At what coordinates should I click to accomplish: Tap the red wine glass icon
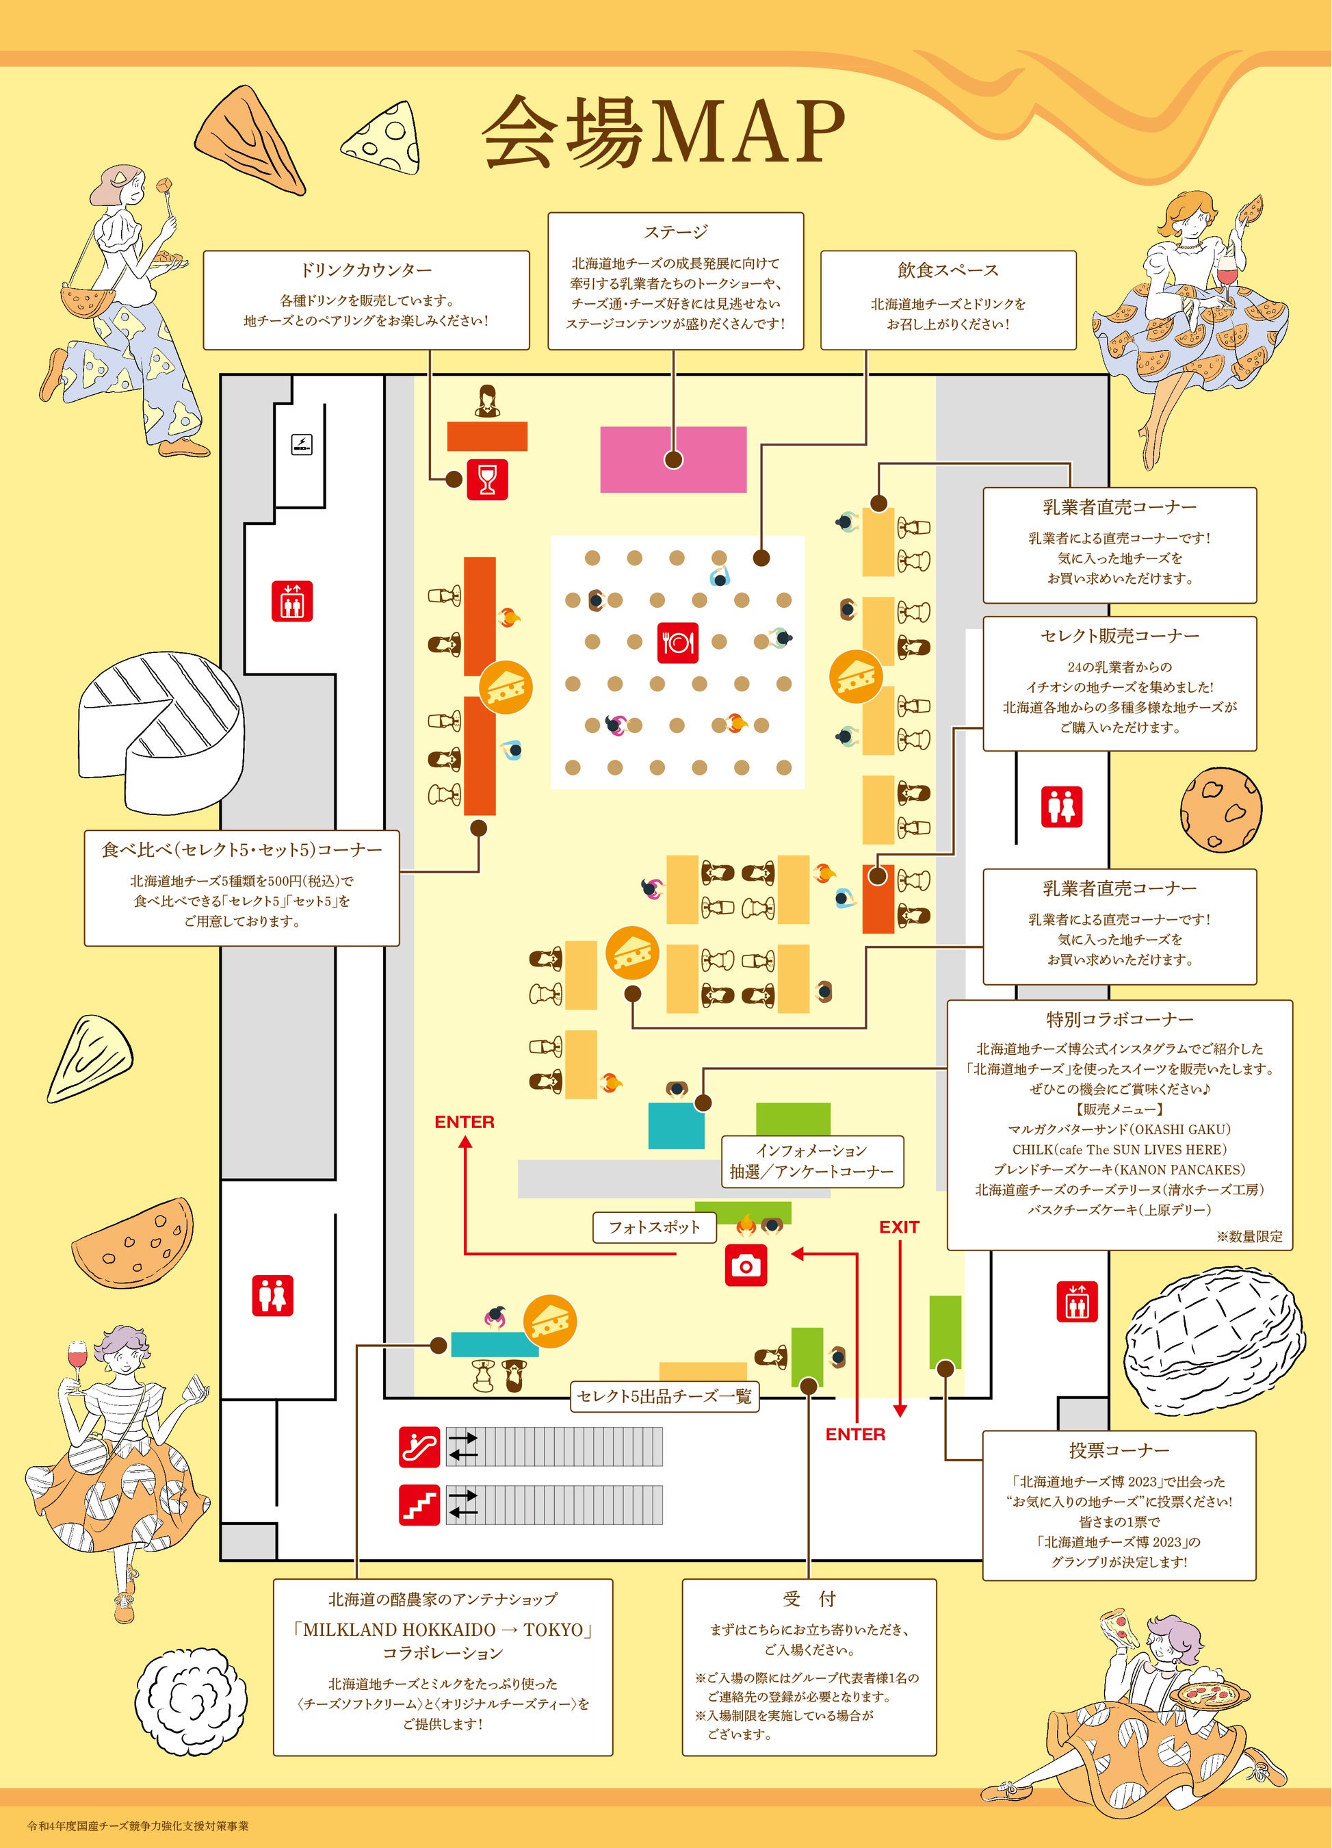[x=487, y=479]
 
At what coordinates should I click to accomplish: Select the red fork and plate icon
[x=677, y=643]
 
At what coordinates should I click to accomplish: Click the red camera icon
[x=746, y=1266]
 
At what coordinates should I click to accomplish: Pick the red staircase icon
[x=419, y=1505]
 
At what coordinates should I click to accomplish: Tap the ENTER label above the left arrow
[x=465, y=1122]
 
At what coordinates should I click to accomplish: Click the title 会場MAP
[x=663, y=132]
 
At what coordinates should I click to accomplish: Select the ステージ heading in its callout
[x=675, y=232]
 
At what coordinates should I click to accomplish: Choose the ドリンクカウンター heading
[x=366, y=270]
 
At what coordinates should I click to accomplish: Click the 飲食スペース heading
[x=948, y=270]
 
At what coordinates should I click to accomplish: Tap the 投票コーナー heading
[x=1119, y=1450]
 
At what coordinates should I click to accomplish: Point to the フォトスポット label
[x=654, y=1227]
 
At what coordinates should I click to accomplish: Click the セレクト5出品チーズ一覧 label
[x=664, y=1396]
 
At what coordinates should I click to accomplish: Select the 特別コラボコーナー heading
[x=1119, y=1019]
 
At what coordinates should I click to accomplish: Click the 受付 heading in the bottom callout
[x=808, y=1600]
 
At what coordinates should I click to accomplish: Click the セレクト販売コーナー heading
[x=1119, y=636]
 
